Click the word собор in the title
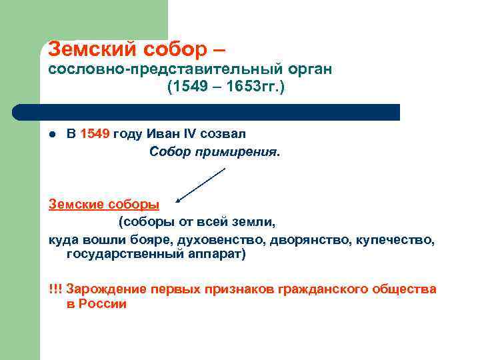click(173, 49)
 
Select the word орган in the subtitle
click(303, 69)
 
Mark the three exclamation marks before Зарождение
click(55, 289)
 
